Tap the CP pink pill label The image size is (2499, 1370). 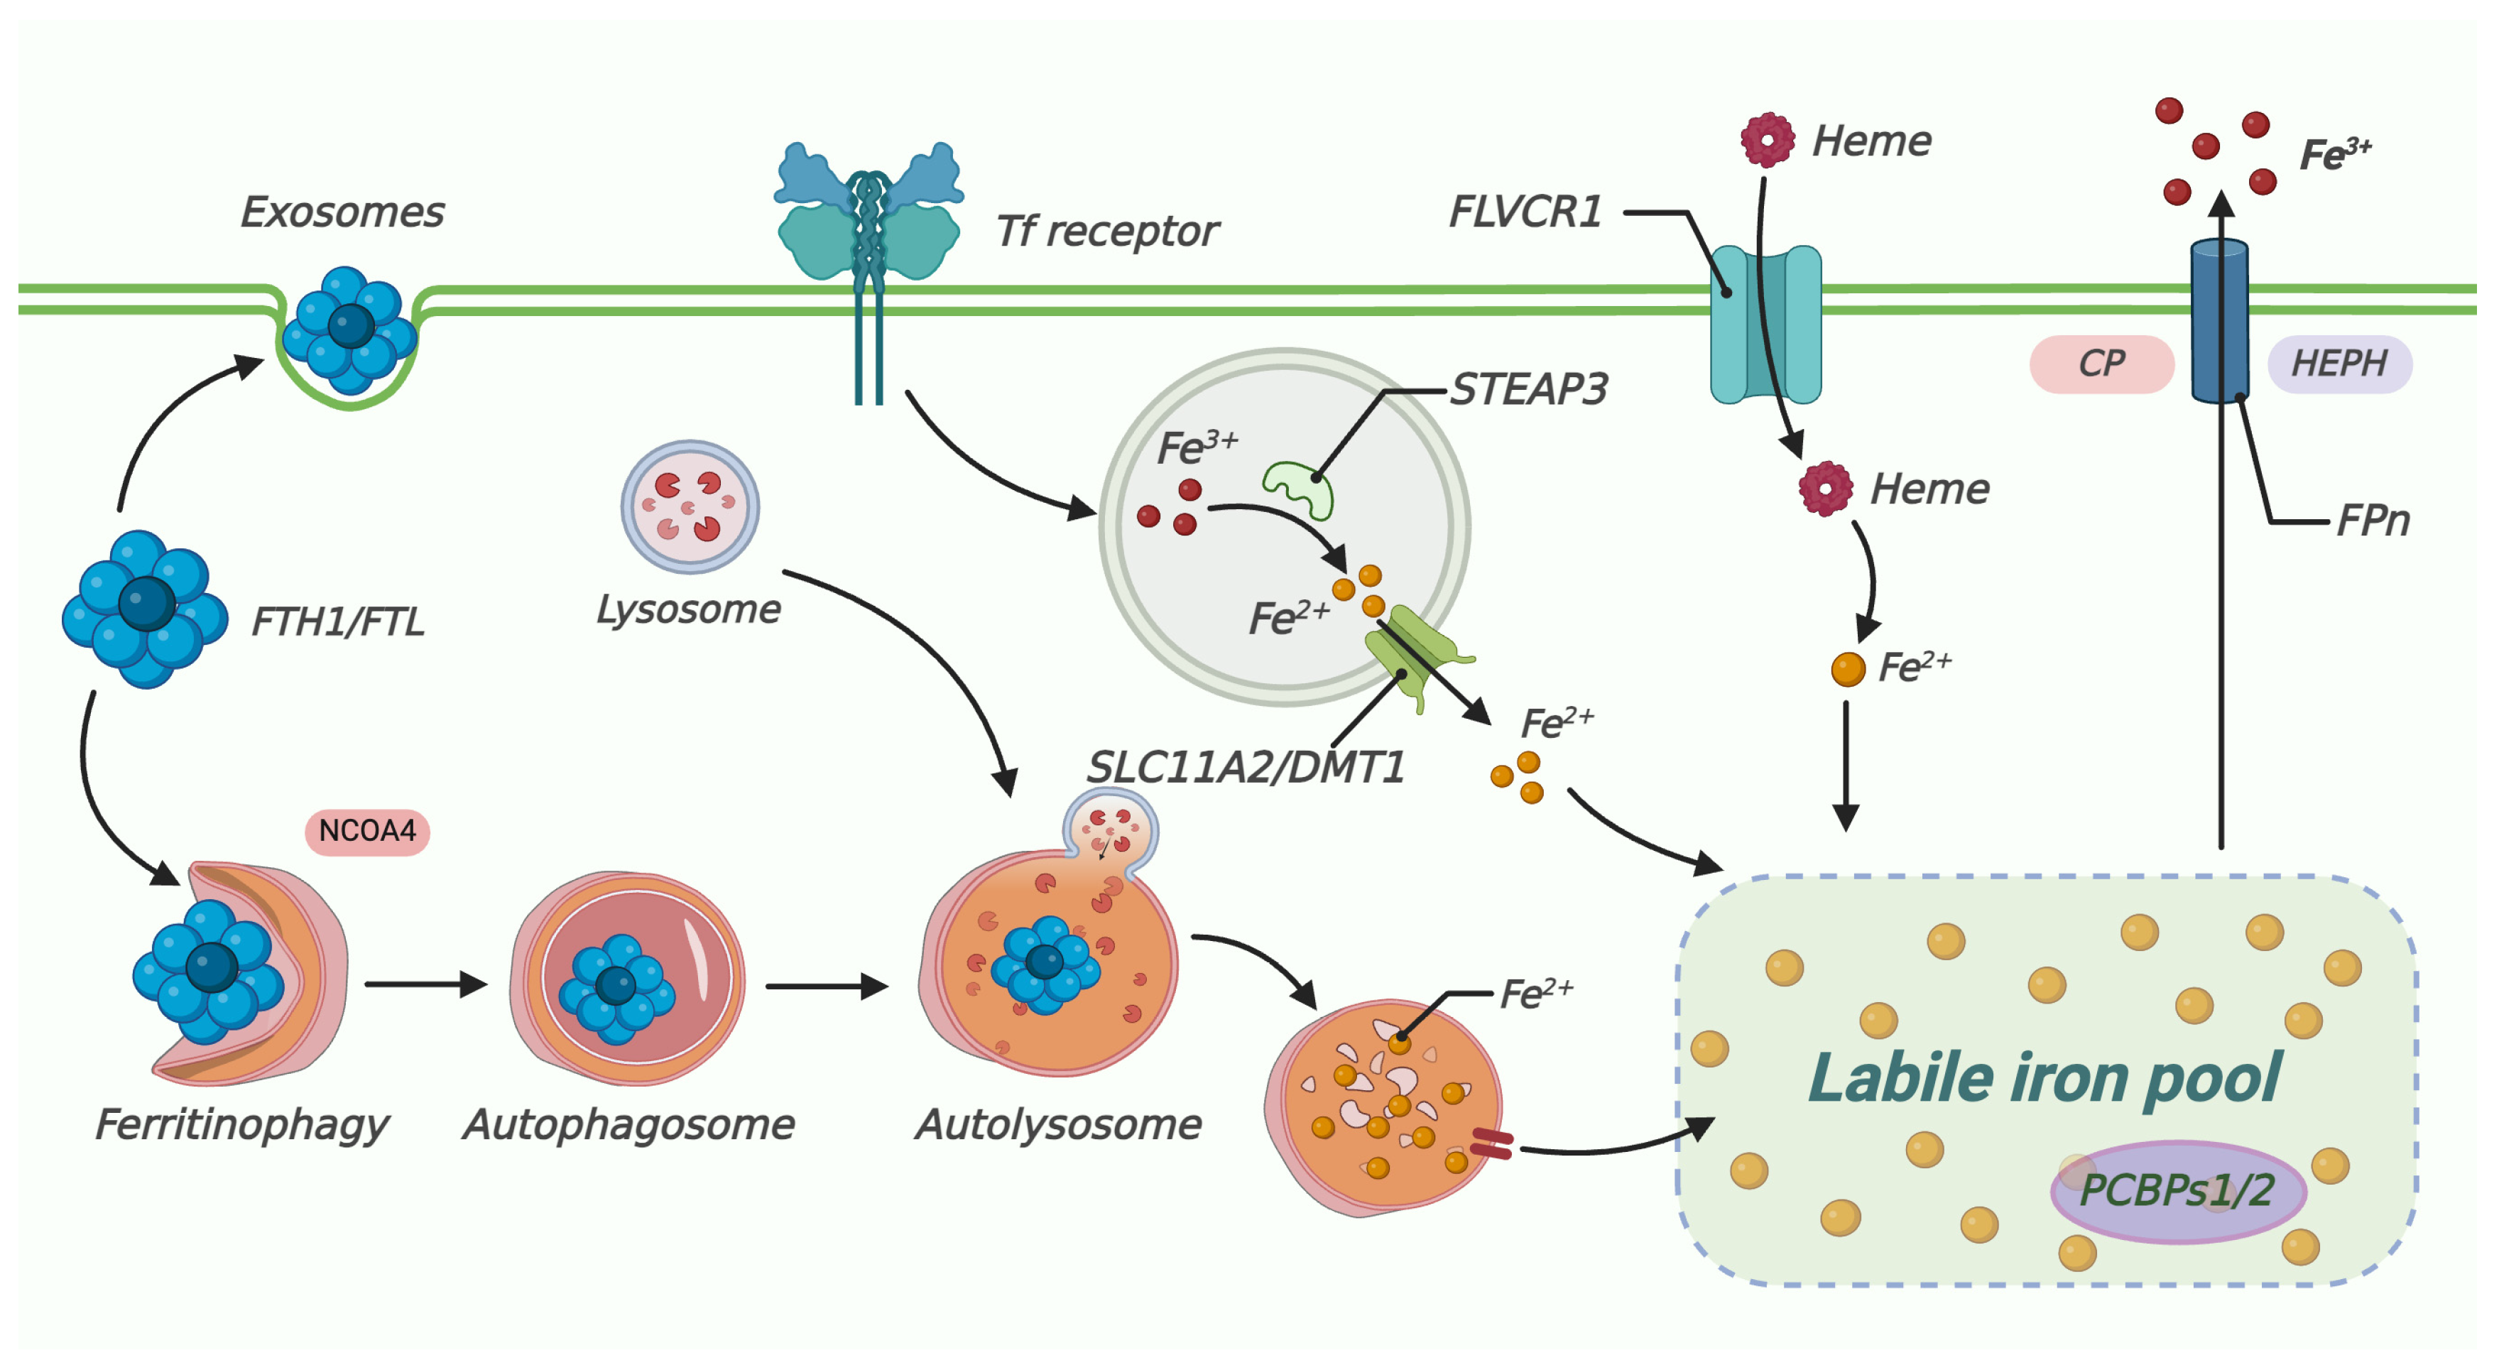[x=2101, y=364]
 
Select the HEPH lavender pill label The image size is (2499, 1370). [x=2339, y=364]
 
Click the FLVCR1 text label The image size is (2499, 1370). [x=1524, y=212]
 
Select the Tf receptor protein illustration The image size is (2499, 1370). [x=869, y=223]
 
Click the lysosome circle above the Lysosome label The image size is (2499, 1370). [x=690, y=506]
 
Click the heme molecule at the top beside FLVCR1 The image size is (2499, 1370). [x=1767, y=140]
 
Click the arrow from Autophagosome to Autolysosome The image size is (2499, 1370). [x=826, y=986]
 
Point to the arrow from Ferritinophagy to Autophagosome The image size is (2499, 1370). [x=425, y=985]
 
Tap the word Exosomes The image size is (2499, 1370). [x=342, y=212]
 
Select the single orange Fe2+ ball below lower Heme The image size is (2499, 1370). [x=1847, y=668]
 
